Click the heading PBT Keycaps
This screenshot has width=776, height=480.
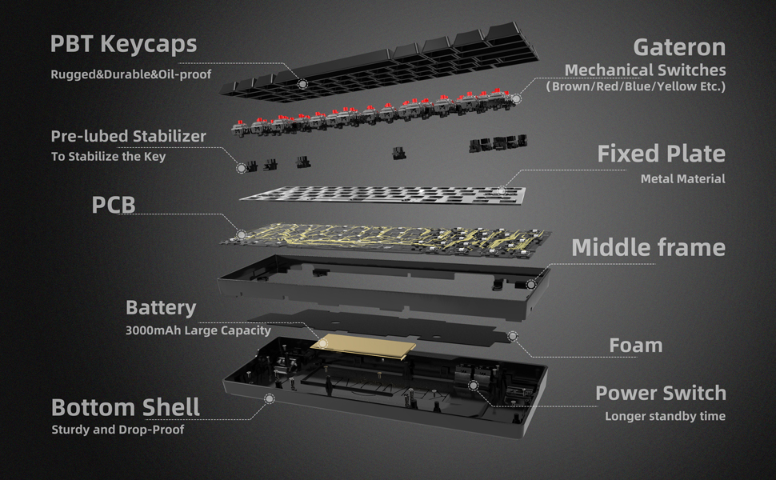pyautogui.click(x=123, y=44)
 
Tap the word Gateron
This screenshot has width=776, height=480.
pyautogui.click(x=679, y=46)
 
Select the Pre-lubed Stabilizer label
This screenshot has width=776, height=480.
pyautogui.click(x=128, y=136)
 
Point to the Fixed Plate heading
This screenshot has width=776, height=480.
pyautogui.click(x=661, y=154)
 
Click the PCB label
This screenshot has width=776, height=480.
pyautogui.click(x=113, y=204)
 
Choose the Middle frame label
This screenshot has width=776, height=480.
pyautogui.click(x=648, y=247)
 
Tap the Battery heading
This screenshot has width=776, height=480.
pyautogui.click(x=161, y=308)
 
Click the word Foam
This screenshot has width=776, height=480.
pyautogui.click(x=636, y=346)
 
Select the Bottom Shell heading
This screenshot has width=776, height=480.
pyautogui.click(x=126, y=407)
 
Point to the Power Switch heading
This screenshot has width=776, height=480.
pyautogui.click(x=661, y=394)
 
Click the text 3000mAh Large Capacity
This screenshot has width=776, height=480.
pyautogui.click(x=198, y=330)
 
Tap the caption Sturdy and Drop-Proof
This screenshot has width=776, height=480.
pyautogui.click(x=118, y=430)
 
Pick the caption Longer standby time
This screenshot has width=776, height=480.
pyautogui.click(x=665, y=416)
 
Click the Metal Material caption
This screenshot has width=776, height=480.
pyautogui.click(x=682, y=179)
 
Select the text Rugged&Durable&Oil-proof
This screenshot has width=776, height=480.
pyautogui.click(x=134, y=76)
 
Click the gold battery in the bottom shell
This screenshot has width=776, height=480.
pyautogui.click(x=365, y=343)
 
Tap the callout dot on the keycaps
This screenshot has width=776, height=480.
pyautogui.click(x=302, y=83)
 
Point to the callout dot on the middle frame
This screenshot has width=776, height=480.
pyautogui.click(x=530, y=283)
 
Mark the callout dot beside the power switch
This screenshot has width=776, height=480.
pyautogui.click(x=474, y=386)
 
